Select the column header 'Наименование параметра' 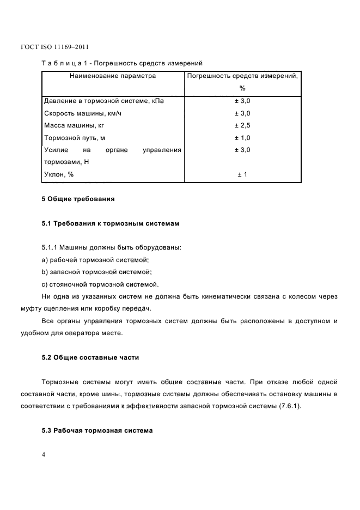(x=113, y=76)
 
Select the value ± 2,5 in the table (x=242, y=125)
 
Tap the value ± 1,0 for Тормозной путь (x=242, y=138)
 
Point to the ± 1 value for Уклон (x=242, y=174)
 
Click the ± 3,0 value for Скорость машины (x=242, y=113)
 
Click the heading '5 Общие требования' (x=78, y=199)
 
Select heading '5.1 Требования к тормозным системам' (x=111, y=223)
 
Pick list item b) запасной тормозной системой (x=96, y=272)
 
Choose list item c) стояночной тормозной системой (x=100, y=284)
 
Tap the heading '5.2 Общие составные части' (x=90, y=357)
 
